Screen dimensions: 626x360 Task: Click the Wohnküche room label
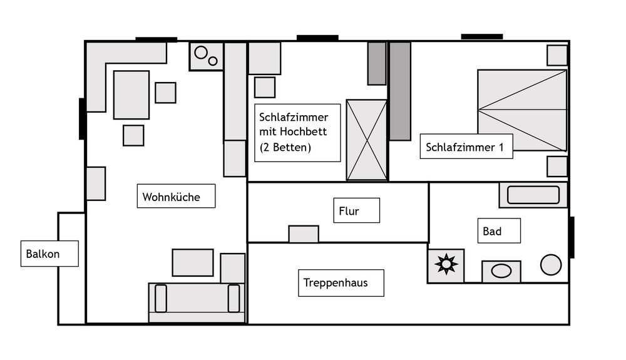(x=172, y=197)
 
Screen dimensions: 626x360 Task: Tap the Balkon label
(x=43, y=254)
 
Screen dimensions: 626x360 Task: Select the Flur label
(x=349, y=211)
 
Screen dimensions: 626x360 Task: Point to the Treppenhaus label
(x=336, y=282)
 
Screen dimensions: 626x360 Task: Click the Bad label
(x=492, y=231)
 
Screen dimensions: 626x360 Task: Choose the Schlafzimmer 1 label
(x=464, y=147)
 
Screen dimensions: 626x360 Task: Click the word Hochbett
(x=304, y=131)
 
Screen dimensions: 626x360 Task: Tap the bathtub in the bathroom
(x=533, y=195)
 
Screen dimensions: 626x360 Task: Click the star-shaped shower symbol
(x=446, y=264)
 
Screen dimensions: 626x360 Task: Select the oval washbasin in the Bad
(x=501, y=271)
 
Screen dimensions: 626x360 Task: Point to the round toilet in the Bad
(x=551, y=265)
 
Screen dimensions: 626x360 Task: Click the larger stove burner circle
(x=201, y=53)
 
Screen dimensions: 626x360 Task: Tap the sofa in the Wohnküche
(x=197, y=302)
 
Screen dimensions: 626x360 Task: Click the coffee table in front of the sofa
(x=193, y=262)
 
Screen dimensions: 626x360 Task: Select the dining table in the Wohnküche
(x=131, y=95)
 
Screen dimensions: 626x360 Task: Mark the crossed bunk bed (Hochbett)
(x=366, y=140)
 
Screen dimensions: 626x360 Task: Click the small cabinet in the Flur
(x=304, y=234)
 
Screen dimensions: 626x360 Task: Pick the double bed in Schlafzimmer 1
(x=522, y=110)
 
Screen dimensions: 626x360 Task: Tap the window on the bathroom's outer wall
(x=572, y=237)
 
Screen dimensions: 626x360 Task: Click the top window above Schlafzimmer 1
(x=482, y=37)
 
